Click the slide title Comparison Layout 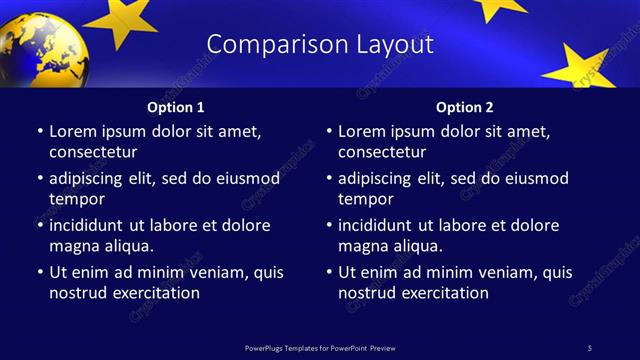pos(320,45)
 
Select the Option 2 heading pos(465,107)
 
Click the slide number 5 pos(589,347)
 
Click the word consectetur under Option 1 pos(92,152)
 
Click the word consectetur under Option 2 pos(382,152)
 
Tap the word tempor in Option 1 pos(76,199)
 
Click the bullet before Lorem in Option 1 pos(39,132)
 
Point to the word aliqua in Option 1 pos(125,246)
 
